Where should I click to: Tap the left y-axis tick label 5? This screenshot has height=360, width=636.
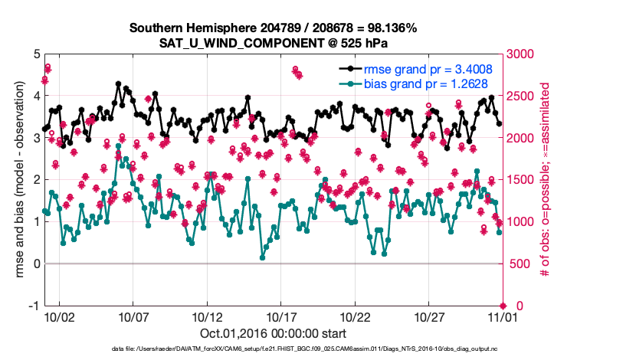[x=37, y=54]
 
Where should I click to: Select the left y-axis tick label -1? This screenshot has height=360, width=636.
[x=34, y=306]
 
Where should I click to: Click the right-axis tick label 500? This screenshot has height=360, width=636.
[x=518, y=264]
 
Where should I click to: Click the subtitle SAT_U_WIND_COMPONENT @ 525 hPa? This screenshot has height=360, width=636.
[x=274, y=42]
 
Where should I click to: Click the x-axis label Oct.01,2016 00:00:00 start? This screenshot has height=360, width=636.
[x=274, y=333]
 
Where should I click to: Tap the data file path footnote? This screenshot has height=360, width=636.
[x=274, y=349]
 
